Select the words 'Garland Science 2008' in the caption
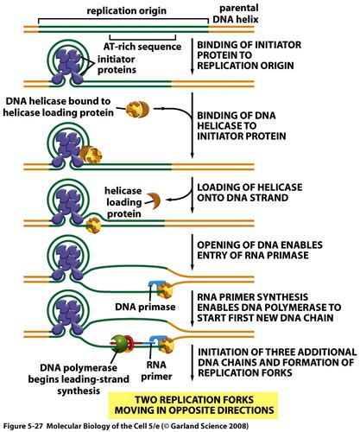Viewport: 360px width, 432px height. (268, 425)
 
